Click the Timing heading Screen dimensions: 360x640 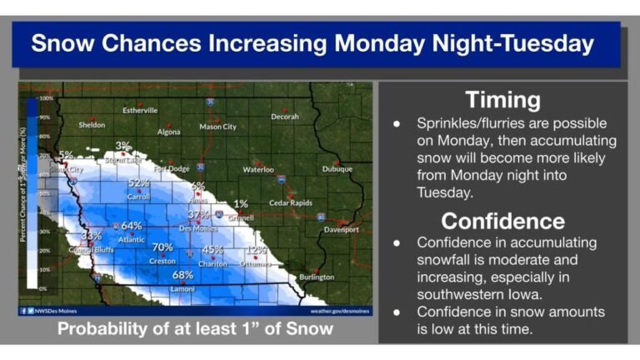point(502,100)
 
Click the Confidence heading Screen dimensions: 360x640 point(502,221)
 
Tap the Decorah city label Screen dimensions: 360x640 point(284,117)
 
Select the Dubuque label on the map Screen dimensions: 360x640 point(337,169)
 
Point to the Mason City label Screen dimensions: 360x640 point(217,127)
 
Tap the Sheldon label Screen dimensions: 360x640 point(92,125)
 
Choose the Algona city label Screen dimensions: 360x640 point(169,132)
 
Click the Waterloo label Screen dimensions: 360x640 point(257,169)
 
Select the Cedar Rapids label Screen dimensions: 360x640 point(290,203)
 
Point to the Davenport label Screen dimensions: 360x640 point(341,229)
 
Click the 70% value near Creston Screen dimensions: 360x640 point(162,247)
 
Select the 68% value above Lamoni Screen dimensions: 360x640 point(182,275)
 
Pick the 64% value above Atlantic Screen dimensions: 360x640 point(132,226)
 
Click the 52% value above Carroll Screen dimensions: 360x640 point(138,183)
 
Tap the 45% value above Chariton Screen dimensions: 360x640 point(212,249)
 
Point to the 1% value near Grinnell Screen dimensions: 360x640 point(241,203)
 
